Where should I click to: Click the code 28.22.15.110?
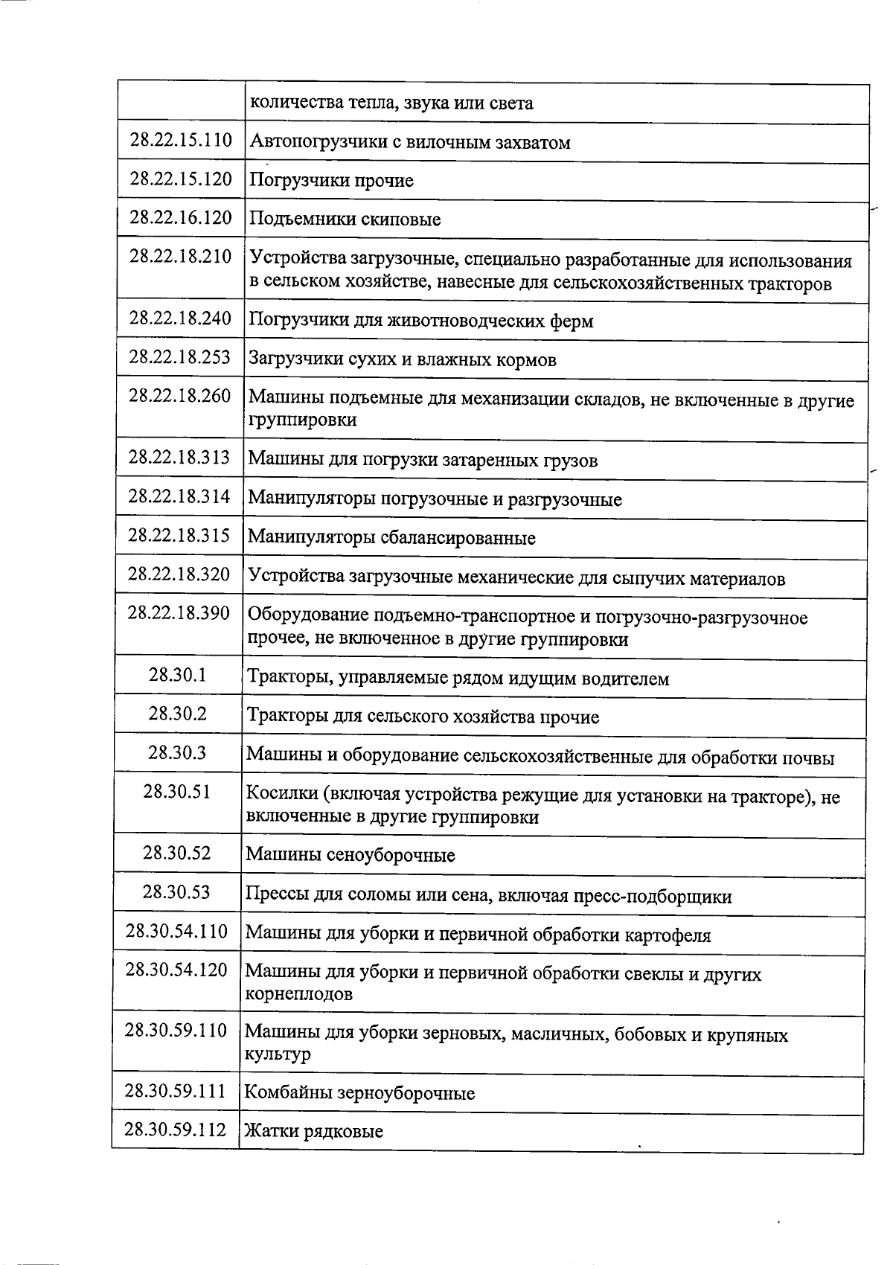pos(181,140)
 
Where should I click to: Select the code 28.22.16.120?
pos(181,217)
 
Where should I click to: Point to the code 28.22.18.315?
pos(179,535)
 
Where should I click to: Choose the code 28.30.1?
pos(177,675)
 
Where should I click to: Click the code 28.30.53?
pos(176,891)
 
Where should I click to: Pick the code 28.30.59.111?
pos(176,1091)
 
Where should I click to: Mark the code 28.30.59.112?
pos(176,1130)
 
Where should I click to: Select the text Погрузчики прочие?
pos(331,181)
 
